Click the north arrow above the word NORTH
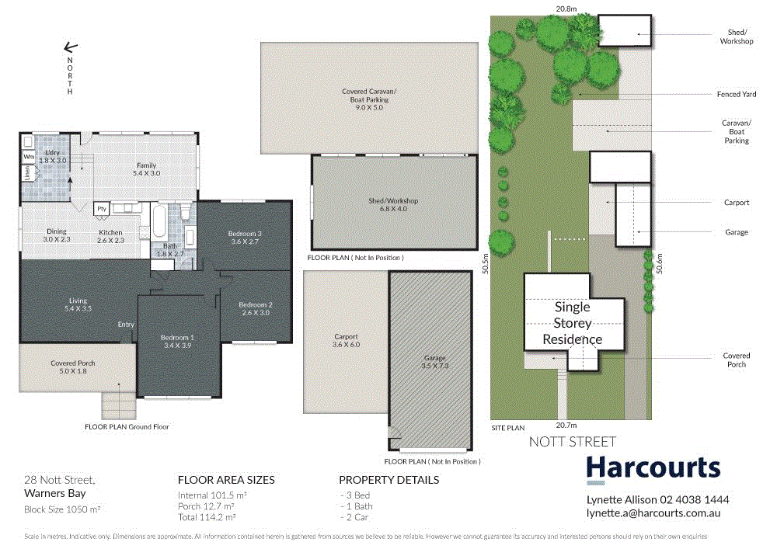tap(69, 47)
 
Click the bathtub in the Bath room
tap(158, 223)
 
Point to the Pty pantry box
tap(102, 209)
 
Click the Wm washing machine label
tap(29, 157)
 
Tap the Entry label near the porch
tap(125, 325)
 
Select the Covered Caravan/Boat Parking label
tap(365, 99)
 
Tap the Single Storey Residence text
tap(572, 323)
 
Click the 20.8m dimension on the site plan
tap(566, 9)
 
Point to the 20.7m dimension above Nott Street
tap(566, 426)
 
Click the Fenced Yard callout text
tap(736, 94)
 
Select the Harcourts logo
tap(653, 467)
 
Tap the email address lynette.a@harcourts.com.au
tap(652, 513)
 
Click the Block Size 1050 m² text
tap(62, 509)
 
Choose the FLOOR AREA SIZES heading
tap(226, 480)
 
